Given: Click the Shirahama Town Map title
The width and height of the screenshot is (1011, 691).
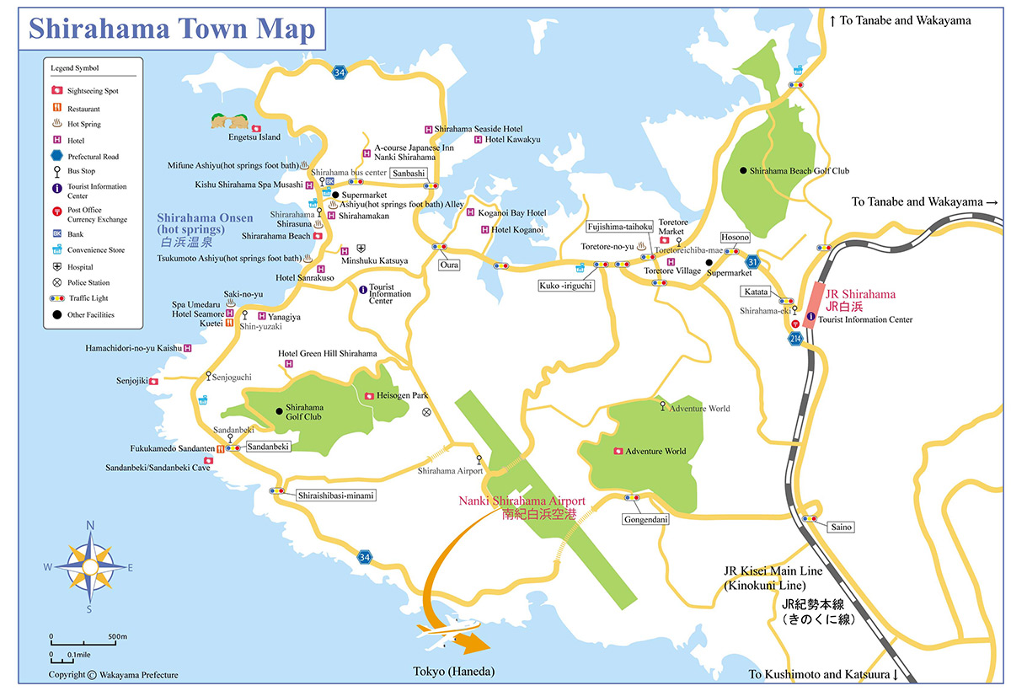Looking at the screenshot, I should [172, 29].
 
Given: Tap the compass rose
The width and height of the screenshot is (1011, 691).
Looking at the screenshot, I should [90, 566].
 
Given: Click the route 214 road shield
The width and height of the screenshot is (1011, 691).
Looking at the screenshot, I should [796, 338].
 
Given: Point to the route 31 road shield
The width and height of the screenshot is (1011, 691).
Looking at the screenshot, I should [752, 262].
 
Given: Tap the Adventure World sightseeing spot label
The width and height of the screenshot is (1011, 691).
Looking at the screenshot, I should [655, 452].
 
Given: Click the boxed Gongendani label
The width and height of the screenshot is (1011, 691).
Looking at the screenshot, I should [646, 520].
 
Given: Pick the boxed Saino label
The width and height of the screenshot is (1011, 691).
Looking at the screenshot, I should [842, 528].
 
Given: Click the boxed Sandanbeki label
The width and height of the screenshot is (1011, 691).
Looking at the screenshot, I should [269, 447].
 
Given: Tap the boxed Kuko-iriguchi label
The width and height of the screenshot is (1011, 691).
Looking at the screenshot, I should [566, 287].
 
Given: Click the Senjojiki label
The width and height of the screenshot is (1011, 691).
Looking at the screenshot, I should [131, 381].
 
